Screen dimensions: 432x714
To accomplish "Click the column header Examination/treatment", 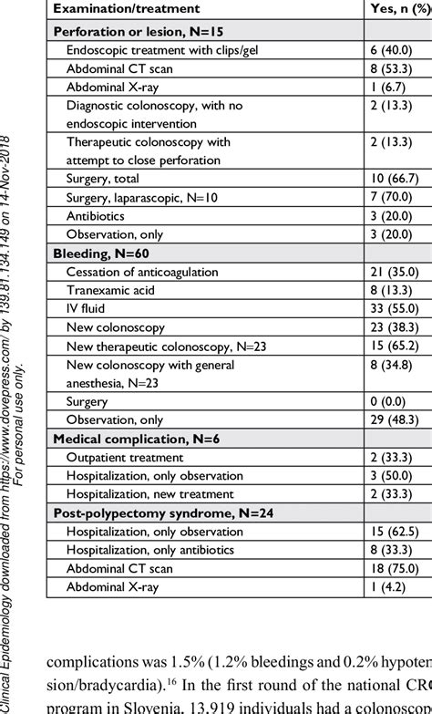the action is click(115, 10).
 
